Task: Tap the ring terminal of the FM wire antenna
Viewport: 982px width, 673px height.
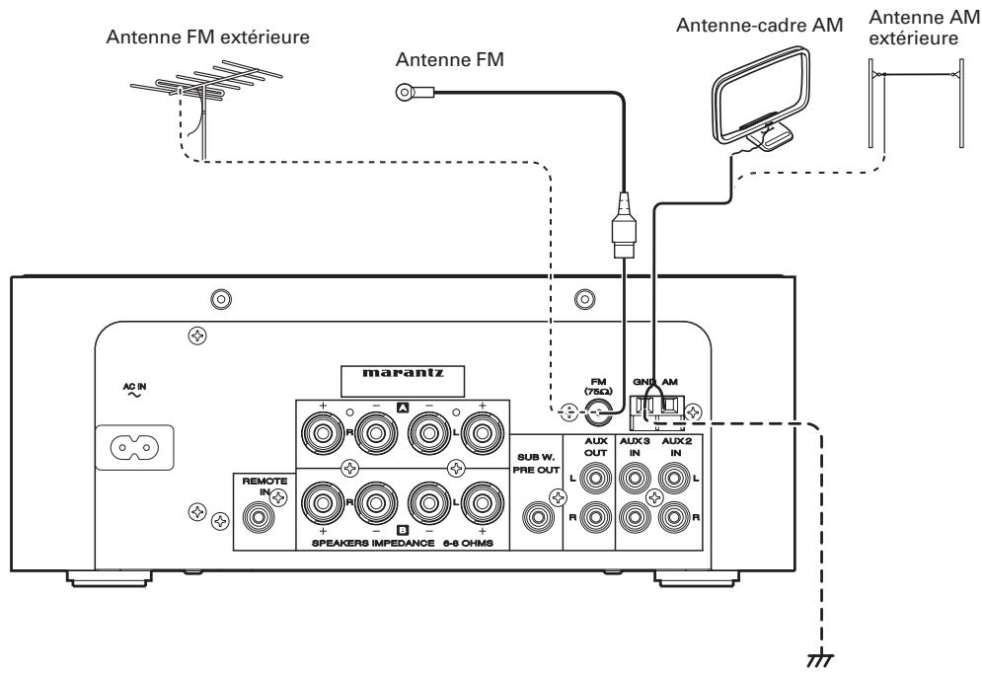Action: click(x=405, y=94)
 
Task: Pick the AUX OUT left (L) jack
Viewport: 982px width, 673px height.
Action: click(x=596, y=480)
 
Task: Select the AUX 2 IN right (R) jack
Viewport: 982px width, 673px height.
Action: click(x=674, y=515)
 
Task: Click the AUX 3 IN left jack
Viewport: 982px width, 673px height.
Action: click(x=633, y=480)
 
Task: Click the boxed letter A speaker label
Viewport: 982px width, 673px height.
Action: click(x=403, y=407)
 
